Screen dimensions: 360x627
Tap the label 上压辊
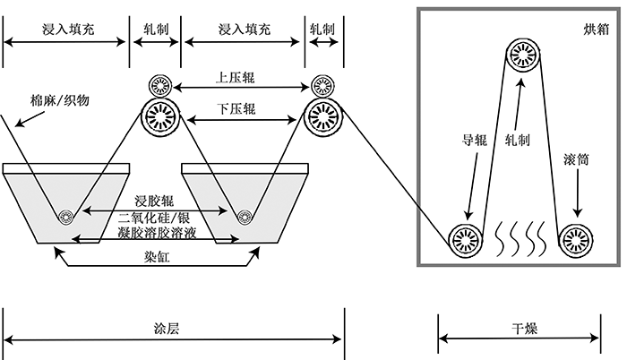[236, 78]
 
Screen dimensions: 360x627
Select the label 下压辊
[236, 109]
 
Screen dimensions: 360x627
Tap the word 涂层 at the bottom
[167, 329]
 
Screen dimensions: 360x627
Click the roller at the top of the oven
[525, 56]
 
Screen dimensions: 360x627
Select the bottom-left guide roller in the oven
[464, 238]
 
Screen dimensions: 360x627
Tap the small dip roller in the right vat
[243, 216]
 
